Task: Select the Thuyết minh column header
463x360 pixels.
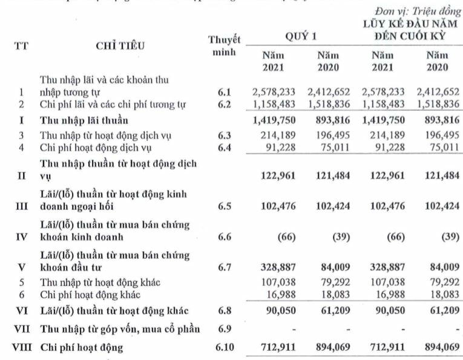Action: [x=224, y=47]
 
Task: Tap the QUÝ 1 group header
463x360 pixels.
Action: [x=301, y=37]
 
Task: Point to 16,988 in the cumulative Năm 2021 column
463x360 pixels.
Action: [x=384, y=295]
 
